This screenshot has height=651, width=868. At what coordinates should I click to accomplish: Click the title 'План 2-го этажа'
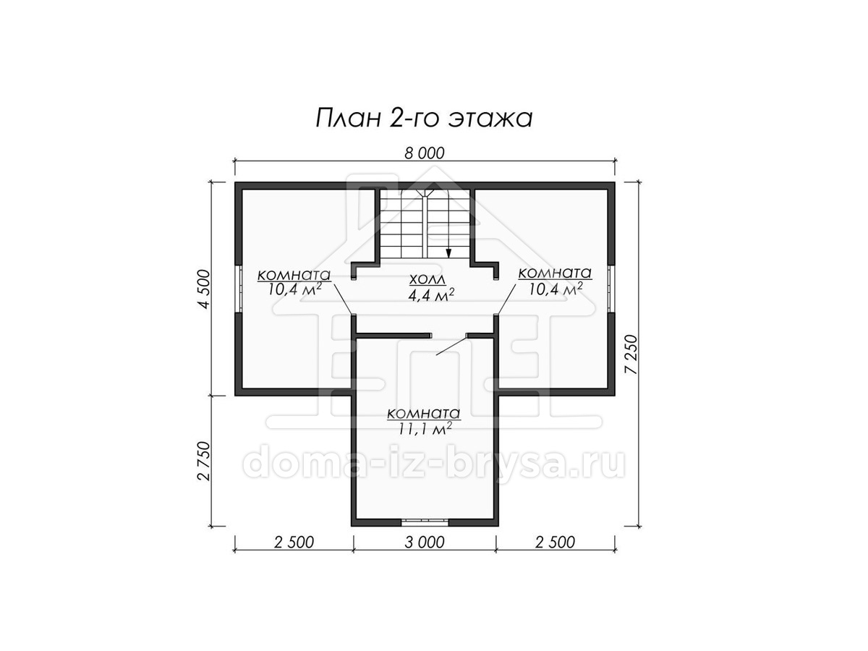tap(424, 118)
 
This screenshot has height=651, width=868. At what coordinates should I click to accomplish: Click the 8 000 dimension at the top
tap(425, 153)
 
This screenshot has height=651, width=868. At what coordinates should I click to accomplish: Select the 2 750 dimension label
tap(205, 461)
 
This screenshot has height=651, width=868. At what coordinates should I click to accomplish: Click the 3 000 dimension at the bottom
tap(425, 542)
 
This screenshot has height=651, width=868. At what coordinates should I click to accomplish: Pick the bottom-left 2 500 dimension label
tap(294, 542)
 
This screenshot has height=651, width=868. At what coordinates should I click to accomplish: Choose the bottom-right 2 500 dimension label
tap(556, 542)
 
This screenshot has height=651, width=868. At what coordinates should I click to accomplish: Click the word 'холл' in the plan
tap(427, 279)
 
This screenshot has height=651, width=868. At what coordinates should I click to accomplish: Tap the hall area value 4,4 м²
tap(430, 295)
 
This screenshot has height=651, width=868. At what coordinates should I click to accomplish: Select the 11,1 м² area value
tap(425, 429)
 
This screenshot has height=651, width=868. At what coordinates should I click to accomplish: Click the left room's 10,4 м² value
tap(294, 289)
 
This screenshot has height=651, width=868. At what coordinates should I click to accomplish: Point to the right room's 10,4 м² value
tap(556, 289)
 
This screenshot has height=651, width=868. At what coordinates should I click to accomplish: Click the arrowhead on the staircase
tap(449, 252)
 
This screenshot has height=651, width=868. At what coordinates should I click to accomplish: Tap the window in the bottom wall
tap(425, 522)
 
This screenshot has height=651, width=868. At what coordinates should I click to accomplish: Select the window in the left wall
tap(239, 288)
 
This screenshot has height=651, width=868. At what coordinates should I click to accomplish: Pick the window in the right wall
tap(611, 288)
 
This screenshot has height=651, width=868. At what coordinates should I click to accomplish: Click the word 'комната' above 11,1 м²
tap(424, 414)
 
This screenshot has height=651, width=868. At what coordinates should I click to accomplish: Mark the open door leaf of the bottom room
tap(451, 346)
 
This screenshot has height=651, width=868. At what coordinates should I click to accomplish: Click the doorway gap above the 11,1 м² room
tap(449, 336)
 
